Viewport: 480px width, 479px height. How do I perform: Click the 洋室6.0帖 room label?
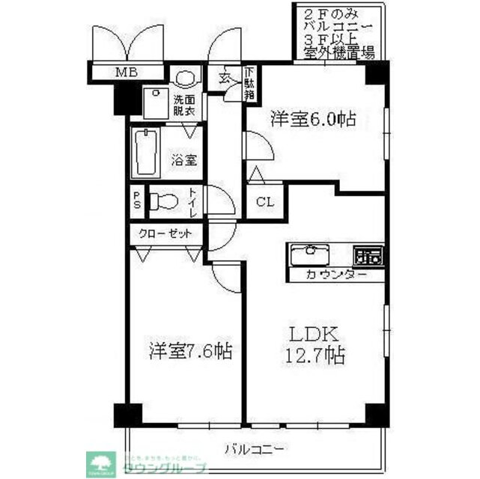[312, 119]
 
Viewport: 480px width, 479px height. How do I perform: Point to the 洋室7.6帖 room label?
[189, 350]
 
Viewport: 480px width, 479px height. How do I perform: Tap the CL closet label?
[264, 201]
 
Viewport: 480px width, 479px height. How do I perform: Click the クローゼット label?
[165, 234]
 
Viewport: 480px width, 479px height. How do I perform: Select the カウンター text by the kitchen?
[336, 275]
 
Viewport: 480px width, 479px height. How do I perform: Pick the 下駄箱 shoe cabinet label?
[250, 83]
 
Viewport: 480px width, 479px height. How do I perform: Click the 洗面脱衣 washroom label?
[184, 106]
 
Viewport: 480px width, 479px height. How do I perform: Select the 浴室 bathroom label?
[184, 159]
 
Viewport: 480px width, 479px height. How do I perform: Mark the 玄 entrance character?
[225, 77]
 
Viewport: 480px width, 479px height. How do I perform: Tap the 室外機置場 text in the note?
[335, 52]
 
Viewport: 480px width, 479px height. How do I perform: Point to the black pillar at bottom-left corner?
[127, 414]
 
